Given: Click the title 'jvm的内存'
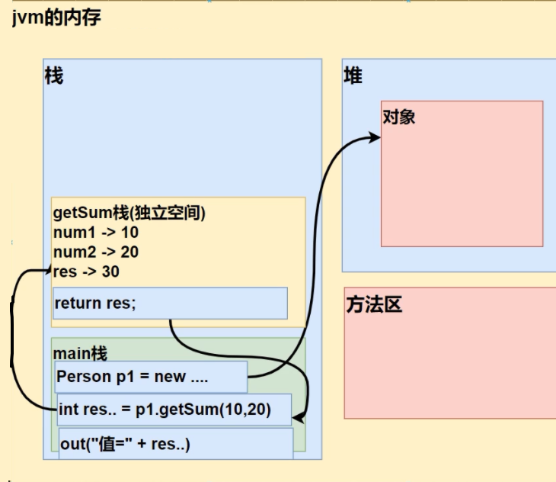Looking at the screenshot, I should click(x=56, y=18).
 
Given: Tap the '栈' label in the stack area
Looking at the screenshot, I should click(x=54, y=76).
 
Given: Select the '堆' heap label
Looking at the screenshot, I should click(x=353, y=76).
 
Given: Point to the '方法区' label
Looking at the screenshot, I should click(x=373, y=305).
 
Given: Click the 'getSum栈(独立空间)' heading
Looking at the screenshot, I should click(x=129, y=214).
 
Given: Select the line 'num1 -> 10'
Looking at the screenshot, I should click(x=96, y=233).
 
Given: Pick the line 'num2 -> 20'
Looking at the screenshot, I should click(x=96, y=252).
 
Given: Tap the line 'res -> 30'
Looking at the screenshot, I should click(x=86, y=271).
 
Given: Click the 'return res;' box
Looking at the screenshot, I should click(x=170, y=303).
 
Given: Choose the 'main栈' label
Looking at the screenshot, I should click(x=80, y=353).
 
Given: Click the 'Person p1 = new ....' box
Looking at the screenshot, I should click(x=151, y=377).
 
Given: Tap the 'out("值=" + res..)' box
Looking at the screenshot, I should click(x=175, y=444).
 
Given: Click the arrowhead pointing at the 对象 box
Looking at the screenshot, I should click(x=375, y=137).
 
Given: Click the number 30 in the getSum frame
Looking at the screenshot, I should click(x=110, y=271).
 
